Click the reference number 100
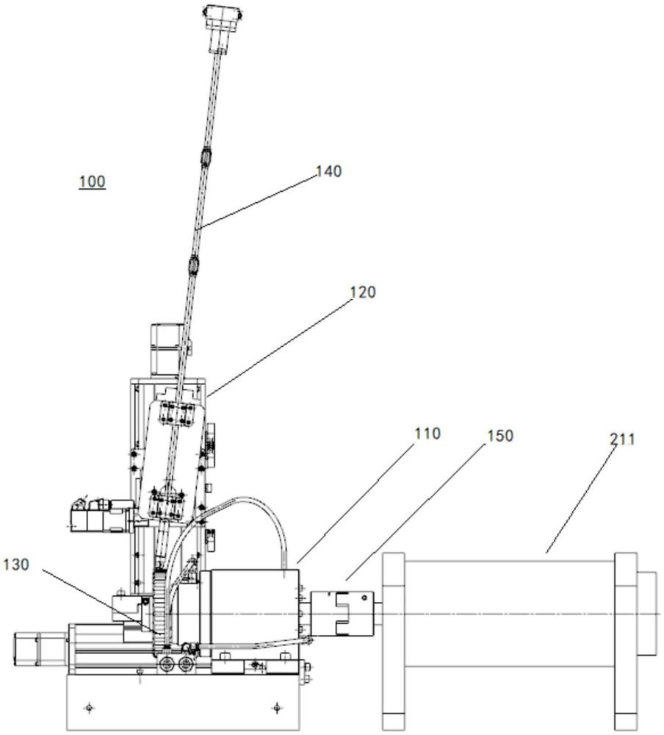click(92, 182)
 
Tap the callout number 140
click(329, 171)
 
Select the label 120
click(363, 292)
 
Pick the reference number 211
click(622, 440)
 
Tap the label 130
click(16, 564)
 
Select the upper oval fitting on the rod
click(206, 157)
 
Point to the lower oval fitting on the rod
click(194, 265)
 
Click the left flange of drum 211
click(393, 641)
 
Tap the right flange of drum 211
click(626, 641)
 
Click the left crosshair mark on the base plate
click(89, 708)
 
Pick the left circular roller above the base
click(166, 663)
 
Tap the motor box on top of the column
click(169, 349)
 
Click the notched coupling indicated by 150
click(342, 613)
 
